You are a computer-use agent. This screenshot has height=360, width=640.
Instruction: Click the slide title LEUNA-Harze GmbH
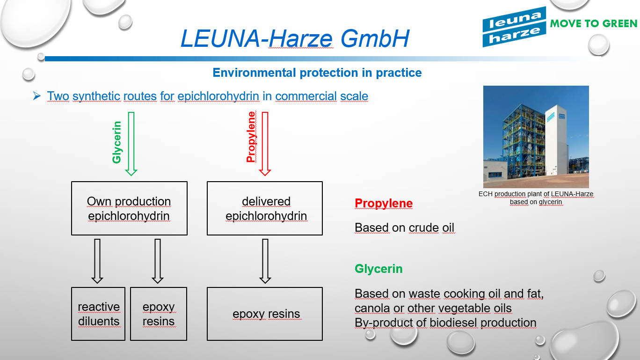(x=295, y=38)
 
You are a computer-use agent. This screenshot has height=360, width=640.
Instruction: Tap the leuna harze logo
(x=514, y=27)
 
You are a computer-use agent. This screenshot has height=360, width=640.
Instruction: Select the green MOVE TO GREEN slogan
(x=593, y=23)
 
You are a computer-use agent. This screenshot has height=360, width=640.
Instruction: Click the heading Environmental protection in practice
(x=317, y=73)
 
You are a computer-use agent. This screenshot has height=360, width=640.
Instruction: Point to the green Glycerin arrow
(x=131, y=143)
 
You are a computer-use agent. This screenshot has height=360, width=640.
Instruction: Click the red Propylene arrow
(x=265, y=143)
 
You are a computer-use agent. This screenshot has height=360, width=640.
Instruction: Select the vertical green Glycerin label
(x=117, y=142)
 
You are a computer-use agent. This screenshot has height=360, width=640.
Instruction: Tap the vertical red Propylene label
(x=251, y=137)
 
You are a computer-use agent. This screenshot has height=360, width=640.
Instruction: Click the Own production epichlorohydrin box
(x=129, y=208)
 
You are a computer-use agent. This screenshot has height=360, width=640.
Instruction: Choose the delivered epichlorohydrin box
(x=265, y=208)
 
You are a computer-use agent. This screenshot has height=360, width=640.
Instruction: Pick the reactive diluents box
(x=98, y=314)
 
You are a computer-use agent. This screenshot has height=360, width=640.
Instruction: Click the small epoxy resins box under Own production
(x=159, y=314)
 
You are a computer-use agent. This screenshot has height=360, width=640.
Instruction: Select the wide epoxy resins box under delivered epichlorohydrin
(x=265, y=314)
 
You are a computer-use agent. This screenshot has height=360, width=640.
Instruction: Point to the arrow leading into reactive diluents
(x=97, y=261)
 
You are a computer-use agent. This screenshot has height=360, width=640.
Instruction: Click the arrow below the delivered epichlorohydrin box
(x=265, y=261)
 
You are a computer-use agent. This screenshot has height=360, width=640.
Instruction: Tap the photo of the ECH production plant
(x=536, y=137)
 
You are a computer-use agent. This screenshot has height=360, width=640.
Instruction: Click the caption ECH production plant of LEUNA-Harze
(x=536, y=198)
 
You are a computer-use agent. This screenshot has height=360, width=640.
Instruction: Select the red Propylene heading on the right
(x=384, y=203)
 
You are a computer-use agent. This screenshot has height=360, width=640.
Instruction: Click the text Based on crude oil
(x=404, y=228)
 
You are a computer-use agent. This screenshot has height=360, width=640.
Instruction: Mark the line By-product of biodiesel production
(x=445, y=323)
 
